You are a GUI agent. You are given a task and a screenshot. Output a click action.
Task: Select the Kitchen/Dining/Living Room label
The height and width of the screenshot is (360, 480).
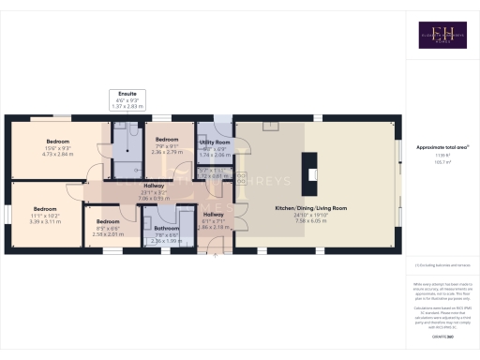(310, 207)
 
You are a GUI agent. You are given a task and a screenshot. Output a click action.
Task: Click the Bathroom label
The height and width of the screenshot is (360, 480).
(167, 228)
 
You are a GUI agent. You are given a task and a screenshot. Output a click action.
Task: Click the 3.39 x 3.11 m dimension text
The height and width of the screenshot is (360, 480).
(46, 221)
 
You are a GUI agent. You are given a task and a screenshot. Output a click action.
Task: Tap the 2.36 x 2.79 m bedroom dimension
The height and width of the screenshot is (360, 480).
(169, 150)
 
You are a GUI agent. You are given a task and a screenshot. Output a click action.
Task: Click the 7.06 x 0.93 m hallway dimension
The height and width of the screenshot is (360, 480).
(154, 198)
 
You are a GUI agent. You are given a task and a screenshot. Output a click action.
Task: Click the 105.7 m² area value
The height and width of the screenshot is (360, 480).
(440, 162)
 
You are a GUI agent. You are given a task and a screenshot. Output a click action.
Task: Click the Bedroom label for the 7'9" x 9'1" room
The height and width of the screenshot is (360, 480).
(169, 138)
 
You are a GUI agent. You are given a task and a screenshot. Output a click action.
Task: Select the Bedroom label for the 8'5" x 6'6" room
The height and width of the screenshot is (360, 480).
(108, 222)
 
